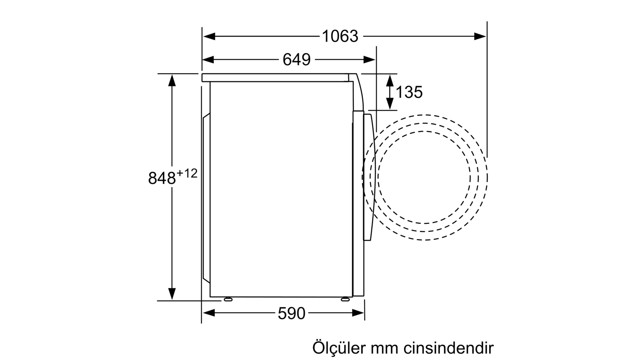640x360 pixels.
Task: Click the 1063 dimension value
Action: (340, 36)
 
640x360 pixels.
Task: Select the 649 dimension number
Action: (296, 60)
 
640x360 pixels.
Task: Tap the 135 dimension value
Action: (409, 92)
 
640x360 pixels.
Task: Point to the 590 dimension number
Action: (292, 313)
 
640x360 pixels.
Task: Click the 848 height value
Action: (162, 178)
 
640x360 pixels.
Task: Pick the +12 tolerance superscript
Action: (187, 174)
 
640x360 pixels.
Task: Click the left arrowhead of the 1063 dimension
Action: (209, 36)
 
